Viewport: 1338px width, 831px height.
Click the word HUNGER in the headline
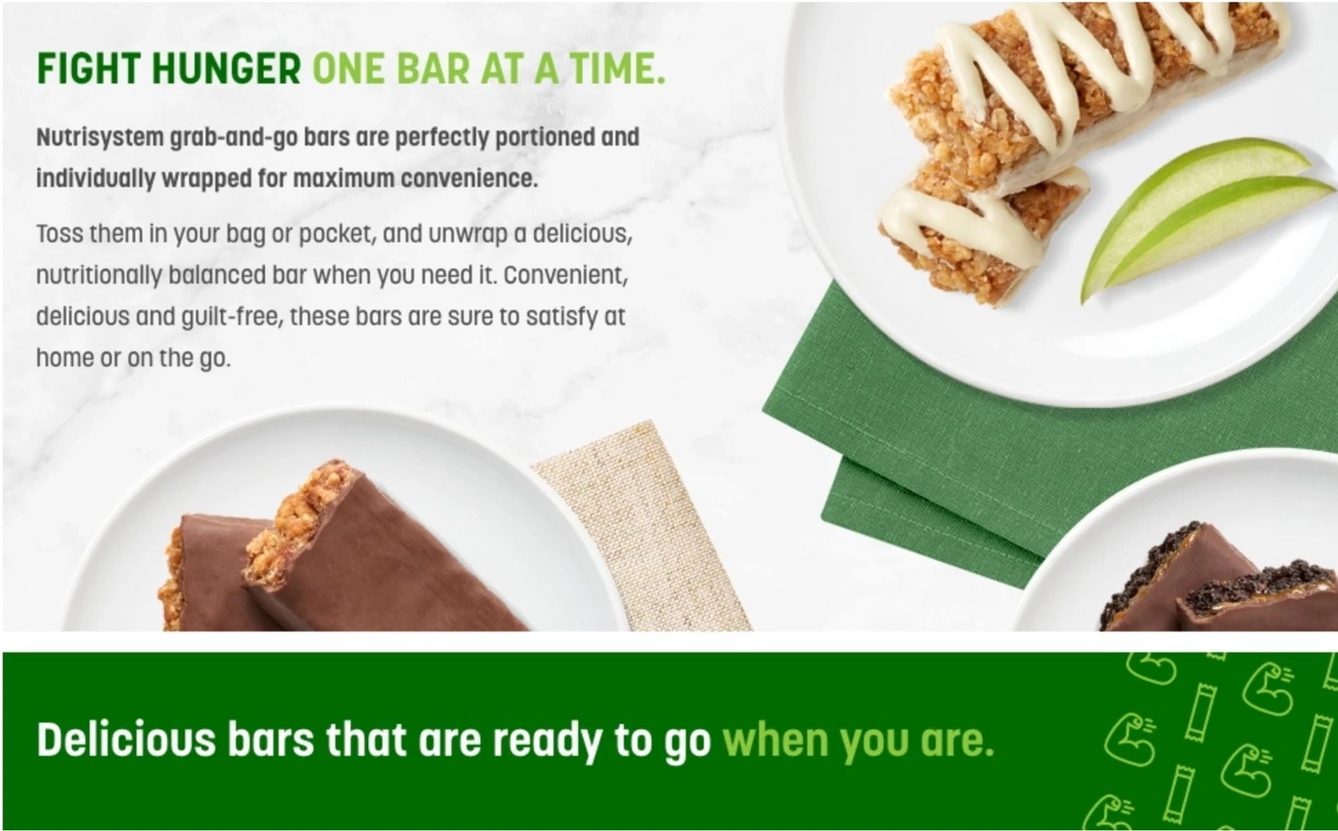click(227, 69)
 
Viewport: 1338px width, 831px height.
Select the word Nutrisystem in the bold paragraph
click(100, 137)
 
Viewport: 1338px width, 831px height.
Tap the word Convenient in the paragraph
click(566, 275)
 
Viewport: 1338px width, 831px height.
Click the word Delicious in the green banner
click(126, 740)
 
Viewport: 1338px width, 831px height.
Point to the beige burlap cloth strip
click(643, 528)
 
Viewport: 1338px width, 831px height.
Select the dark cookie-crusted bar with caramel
click(1218, 582)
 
